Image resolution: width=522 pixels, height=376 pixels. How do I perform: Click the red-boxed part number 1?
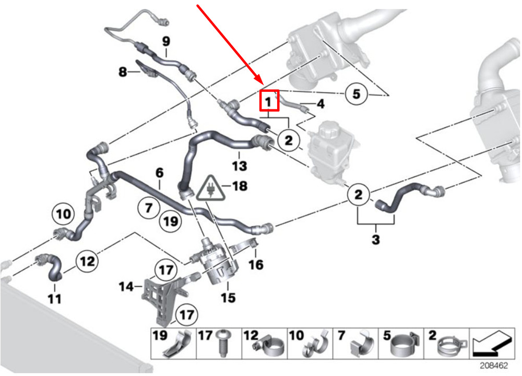pyautogui.click(x=269, y=101)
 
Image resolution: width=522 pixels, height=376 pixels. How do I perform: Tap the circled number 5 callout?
pyautogui.click(x=356, y=94)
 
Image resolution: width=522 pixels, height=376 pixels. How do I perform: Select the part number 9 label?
pyautogui.click(x=166, y=42)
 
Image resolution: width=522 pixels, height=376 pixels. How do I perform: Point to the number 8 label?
pyautogui.click(x=123, y=71)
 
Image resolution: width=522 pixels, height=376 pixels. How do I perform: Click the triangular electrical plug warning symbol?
pyautogui.click(x=210, y=189)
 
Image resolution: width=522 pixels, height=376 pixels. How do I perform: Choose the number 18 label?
pyautogui.click(x=240, y=186)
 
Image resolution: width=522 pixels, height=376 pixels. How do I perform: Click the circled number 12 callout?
pyautogui.click(x=87, y=261)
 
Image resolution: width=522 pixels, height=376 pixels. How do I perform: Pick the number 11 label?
pyautogui.click(x=55, y=298)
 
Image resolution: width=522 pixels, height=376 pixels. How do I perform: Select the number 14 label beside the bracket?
pyautogui.click(x=126, y=286)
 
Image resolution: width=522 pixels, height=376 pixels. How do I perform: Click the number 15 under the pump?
pyautogui.click(x=228, y=298)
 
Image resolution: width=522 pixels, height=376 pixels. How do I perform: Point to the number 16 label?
pyautogui.click(x=256, y=264)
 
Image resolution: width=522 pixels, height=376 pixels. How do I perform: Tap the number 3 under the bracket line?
pyautogui.click(x=375, y=239)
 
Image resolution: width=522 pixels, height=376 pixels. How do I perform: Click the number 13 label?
pyautogui.click(x=240, y=166)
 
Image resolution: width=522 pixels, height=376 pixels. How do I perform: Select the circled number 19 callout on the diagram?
pyautogui.click(x=171, y=221)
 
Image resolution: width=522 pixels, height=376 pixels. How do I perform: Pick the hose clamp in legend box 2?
pyautogui.click(x=452, y=346)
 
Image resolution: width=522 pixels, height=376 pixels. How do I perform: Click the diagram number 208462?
pyautogui.click(x=494, y=366)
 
